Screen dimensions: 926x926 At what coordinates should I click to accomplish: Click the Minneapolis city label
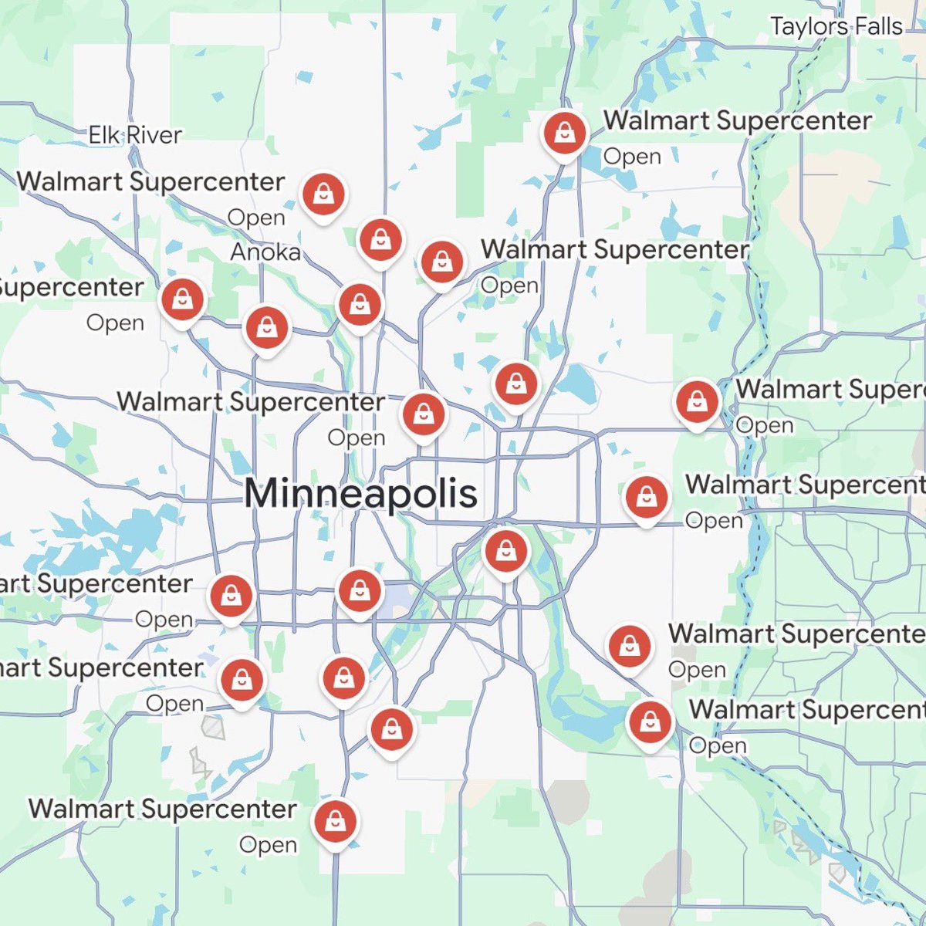[360, 493]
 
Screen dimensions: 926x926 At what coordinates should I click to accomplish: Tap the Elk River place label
[135, 135]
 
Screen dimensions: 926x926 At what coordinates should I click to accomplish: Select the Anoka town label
[265, 252]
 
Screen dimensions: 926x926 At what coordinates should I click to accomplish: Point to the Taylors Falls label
[836, 26]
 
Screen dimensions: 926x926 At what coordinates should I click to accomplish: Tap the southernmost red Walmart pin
[335, 822]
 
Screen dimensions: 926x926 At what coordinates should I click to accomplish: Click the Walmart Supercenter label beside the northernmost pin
[738, 120]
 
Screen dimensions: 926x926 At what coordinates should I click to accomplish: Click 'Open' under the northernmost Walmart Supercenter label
[632, 157]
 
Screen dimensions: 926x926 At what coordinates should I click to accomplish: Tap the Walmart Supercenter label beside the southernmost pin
[163, 809]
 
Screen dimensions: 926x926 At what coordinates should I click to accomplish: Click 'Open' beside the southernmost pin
[268, 845]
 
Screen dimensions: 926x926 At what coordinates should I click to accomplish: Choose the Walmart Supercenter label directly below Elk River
[150, 182]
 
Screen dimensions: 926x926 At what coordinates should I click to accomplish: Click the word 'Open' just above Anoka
[256, 218]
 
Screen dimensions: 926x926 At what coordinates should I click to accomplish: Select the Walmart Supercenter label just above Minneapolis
[251, 402]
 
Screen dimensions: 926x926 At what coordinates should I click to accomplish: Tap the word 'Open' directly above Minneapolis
[356, 438]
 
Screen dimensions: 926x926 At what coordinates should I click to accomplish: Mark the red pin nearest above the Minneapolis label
[423, 414]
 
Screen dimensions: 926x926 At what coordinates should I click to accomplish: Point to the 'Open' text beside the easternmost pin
[764, 425]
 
